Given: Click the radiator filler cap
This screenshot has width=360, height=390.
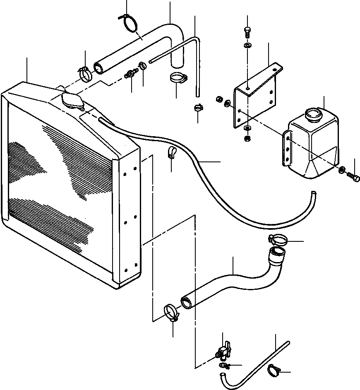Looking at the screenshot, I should [x=72, y=100].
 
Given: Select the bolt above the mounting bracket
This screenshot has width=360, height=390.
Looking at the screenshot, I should [x=247, y=31].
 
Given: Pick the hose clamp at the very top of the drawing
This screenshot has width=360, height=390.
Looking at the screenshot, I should [x=129, y=22].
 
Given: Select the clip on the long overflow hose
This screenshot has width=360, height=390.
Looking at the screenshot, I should [x=171, y=153].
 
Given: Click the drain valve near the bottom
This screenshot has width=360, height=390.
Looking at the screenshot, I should [x=224, y=351].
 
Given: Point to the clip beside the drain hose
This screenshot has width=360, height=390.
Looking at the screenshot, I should [x=274, y=371].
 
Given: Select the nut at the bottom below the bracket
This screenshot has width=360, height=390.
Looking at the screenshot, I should [x=247, y=138].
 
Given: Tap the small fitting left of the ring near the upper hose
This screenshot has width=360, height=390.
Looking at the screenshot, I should [x=131, y=75].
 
